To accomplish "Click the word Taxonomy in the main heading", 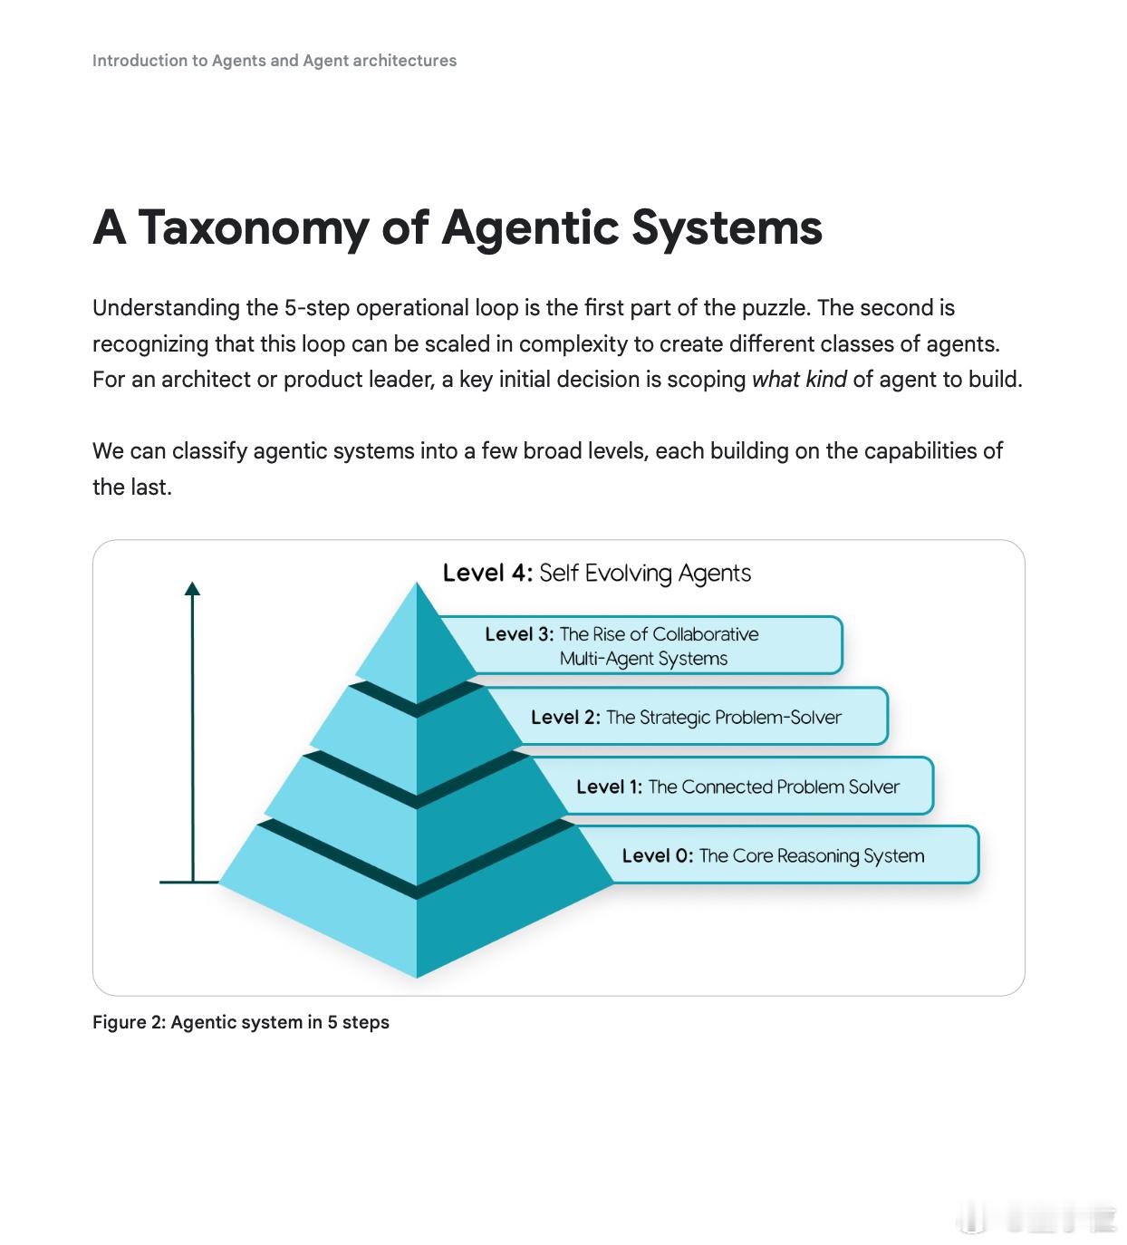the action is (252, 228).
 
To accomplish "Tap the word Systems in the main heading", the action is (727, 228).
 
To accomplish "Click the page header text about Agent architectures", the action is (275, 61).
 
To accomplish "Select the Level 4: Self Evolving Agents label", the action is (596, 574).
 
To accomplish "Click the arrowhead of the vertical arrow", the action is (192, 588).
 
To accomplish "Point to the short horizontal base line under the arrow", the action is (188, 882).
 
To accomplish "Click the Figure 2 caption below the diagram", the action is (240, 1022).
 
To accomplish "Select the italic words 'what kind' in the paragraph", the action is (798, 379).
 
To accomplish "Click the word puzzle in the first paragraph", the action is (775, 308).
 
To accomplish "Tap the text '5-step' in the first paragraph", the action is (316, 308).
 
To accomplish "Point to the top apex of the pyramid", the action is (416, 584).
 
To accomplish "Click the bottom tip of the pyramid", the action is (417, 976).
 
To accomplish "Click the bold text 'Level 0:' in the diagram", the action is (658, 855).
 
